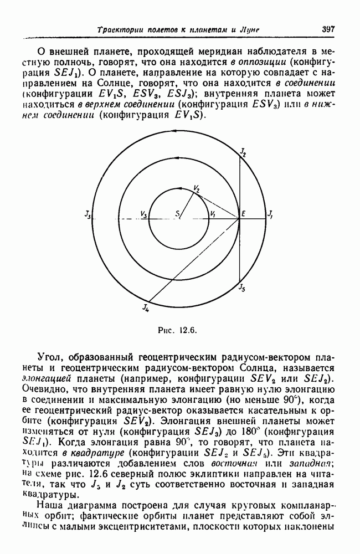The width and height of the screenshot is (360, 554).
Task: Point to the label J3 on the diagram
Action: [88, 214]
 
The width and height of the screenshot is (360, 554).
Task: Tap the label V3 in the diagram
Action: [145, 214]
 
